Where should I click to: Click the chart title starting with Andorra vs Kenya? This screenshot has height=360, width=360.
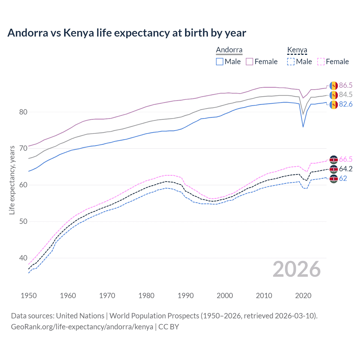127,33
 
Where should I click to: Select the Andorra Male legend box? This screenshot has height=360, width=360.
220,62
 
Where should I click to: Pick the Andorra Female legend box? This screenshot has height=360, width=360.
249,62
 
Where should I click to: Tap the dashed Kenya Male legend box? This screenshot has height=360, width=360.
291,62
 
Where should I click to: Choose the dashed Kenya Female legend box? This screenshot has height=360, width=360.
321,62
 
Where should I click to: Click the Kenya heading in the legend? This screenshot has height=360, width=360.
297,50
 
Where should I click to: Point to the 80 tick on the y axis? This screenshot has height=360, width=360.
23,112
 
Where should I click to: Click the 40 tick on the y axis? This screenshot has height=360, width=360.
23,258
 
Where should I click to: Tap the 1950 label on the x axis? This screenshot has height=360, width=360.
29,296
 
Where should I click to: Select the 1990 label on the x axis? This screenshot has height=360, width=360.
186,296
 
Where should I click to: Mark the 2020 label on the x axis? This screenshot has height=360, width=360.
303,296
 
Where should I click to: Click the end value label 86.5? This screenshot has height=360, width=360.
346,85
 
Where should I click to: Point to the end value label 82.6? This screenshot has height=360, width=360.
346,104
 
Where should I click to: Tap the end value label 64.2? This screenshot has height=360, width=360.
346,169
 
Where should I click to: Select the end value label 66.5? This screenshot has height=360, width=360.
346,159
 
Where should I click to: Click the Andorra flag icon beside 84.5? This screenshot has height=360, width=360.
334,95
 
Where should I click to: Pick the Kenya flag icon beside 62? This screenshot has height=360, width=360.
334,179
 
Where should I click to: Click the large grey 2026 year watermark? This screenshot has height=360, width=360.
297,269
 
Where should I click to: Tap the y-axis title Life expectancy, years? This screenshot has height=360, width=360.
12,180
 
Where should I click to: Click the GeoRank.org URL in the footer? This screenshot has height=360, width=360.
82,327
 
